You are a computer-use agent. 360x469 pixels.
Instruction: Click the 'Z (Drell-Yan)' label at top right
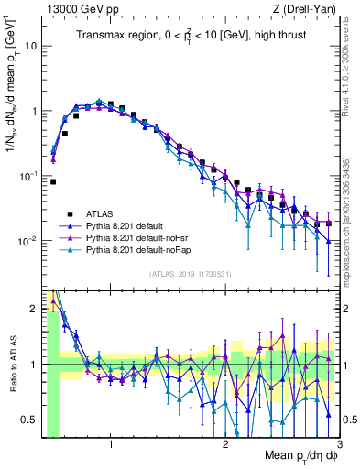308,8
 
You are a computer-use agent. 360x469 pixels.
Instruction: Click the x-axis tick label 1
111,446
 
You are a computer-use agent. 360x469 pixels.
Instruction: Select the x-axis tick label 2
225,446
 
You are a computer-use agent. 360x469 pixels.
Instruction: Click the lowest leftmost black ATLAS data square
53,181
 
